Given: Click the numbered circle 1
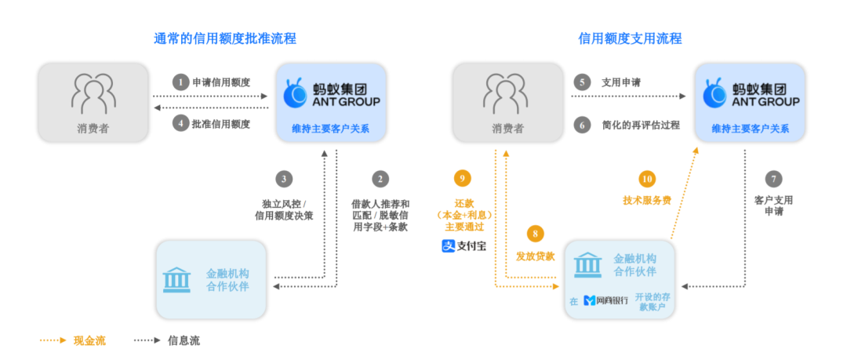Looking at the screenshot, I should pyautogui.click(x=181, y=82).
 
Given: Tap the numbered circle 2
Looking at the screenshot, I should pyautogui.click(x=380, y=179).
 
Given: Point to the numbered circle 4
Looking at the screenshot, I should pyautogui.click(x=181, y=124).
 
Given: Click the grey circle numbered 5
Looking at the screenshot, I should pyautogui.click(x=581, y=82).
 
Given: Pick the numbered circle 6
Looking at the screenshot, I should pyautogui.click(x=581, y=124).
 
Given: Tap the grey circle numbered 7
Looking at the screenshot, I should pyautogui.click(x=773, y=179).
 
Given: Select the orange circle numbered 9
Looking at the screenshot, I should pyautogui.click(x=463, y=179).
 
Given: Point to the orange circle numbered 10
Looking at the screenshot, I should pyautogui.click(x=647, y=179).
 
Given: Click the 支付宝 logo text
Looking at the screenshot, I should pyautogui.click(x=463, y=246).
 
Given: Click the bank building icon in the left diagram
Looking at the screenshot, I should pyautogui.click(x=176, y=280).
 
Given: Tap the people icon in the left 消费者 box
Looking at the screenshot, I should pyautogui.click(x=93, y=93).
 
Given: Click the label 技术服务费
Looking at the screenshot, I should pyautogui.click(x=647, y=199).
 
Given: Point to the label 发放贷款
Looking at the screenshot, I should pyautogui.click(x=536, y=256).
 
